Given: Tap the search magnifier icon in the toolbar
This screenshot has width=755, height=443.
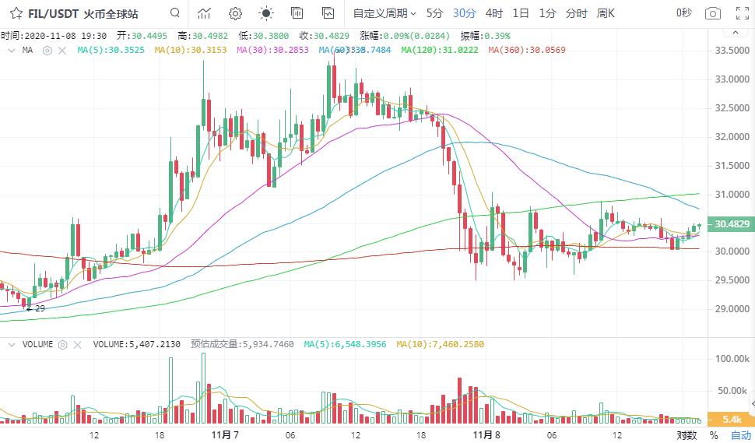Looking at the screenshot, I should [174, 13].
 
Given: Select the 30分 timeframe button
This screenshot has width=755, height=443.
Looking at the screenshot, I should [464, 13].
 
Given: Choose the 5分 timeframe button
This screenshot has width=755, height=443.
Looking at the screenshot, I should [434, 13].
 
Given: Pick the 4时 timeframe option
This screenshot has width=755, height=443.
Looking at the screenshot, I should [493, 13].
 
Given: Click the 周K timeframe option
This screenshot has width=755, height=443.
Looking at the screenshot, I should [606, 13].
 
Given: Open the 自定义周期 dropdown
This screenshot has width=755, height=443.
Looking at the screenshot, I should [385, 13].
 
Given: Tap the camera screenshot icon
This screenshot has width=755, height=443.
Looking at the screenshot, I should [712, 13].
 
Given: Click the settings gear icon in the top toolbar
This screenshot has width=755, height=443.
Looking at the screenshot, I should [235, 13].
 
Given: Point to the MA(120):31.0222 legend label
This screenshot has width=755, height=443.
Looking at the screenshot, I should [441, 50].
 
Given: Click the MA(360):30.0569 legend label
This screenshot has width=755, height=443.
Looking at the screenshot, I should [527, 50].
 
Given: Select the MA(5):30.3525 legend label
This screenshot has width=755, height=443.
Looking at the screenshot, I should [111, 50].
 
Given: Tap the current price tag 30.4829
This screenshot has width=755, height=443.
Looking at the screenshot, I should [731, 224].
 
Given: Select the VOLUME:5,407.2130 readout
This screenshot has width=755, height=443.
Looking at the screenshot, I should [137, 344].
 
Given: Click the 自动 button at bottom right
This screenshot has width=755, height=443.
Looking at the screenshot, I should [740, 435].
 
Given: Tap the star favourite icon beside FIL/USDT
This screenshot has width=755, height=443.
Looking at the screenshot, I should [16, 13].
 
